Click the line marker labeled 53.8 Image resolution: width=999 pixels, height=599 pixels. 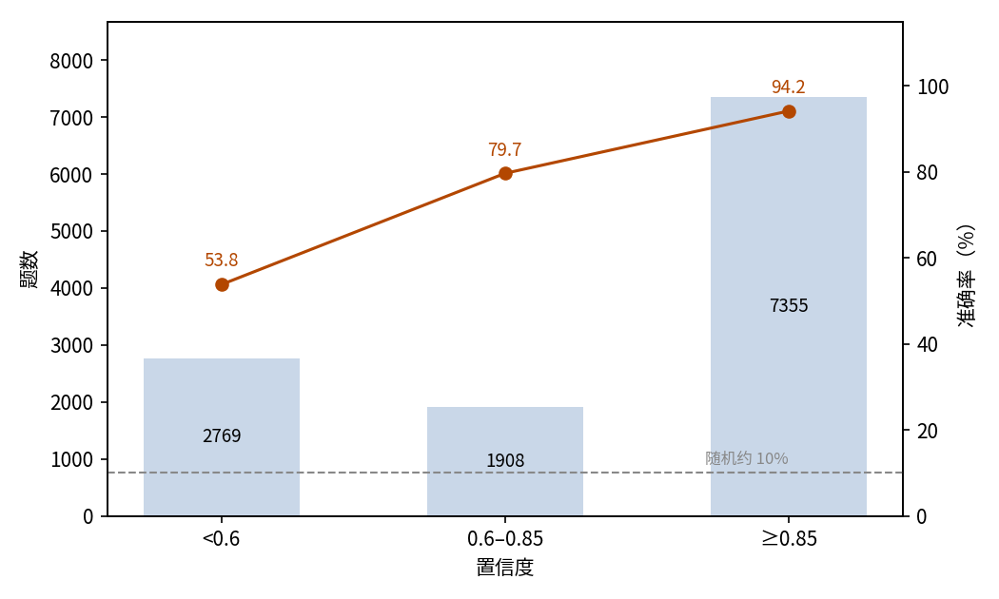(x=222, y=284)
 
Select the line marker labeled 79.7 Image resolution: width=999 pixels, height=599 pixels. (x=505, y=173)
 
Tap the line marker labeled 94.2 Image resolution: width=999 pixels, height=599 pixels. (x=789, y=111)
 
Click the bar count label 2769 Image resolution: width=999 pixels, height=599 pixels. (x=222, y=436)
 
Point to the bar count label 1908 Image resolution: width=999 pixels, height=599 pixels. (x=505, y=460)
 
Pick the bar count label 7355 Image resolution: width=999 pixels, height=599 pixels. (x=789, y=305)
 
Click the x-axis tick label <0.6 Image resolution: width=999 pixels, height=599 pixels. (x=221, y=539)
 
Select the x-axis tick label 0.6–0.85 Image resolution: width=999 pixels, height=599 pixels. (x=505, y=539)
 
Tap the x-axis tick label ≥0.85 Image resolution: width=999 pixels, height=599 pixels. (x=789, y=539)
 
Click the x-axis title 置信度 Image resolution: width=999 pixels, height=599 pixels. (x=504, y=568)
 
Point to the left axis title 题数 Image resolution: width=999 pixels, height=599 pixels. (x=29, y=269)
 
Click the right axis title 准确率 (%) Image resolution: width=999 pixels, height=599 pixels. (x=967, y=276)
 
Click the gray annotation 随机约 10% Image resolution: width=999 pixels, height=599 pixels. (x=747, y=458)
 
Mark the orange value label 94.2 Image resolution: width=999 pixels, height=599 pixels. (x=789, y=87)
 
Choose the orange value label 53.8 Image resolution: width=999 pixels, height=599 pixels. (x=221, y=260)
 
